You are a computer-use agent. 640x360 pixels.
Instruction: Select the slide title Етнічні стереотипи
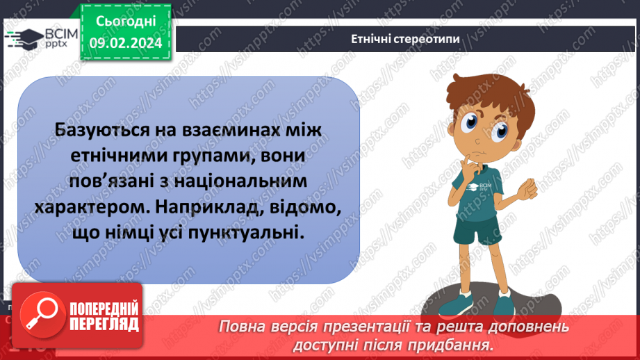[x=405, y=39]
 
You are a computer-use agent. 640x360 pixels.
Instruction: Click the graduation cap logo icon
[x=24, y=38]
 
